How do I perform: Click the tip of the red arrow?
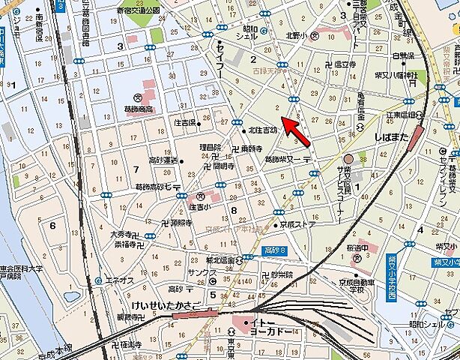tap(282, 115)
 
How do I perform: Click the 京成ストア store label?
tap(297, 223)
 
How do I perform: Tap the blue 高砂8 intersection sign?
tap(276, 249)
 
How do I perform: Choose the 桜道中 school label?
tap(366, 247)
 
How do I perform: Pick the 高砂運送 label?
tap(164, 160)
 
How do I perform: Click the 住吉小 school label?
tap(202, 205)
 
